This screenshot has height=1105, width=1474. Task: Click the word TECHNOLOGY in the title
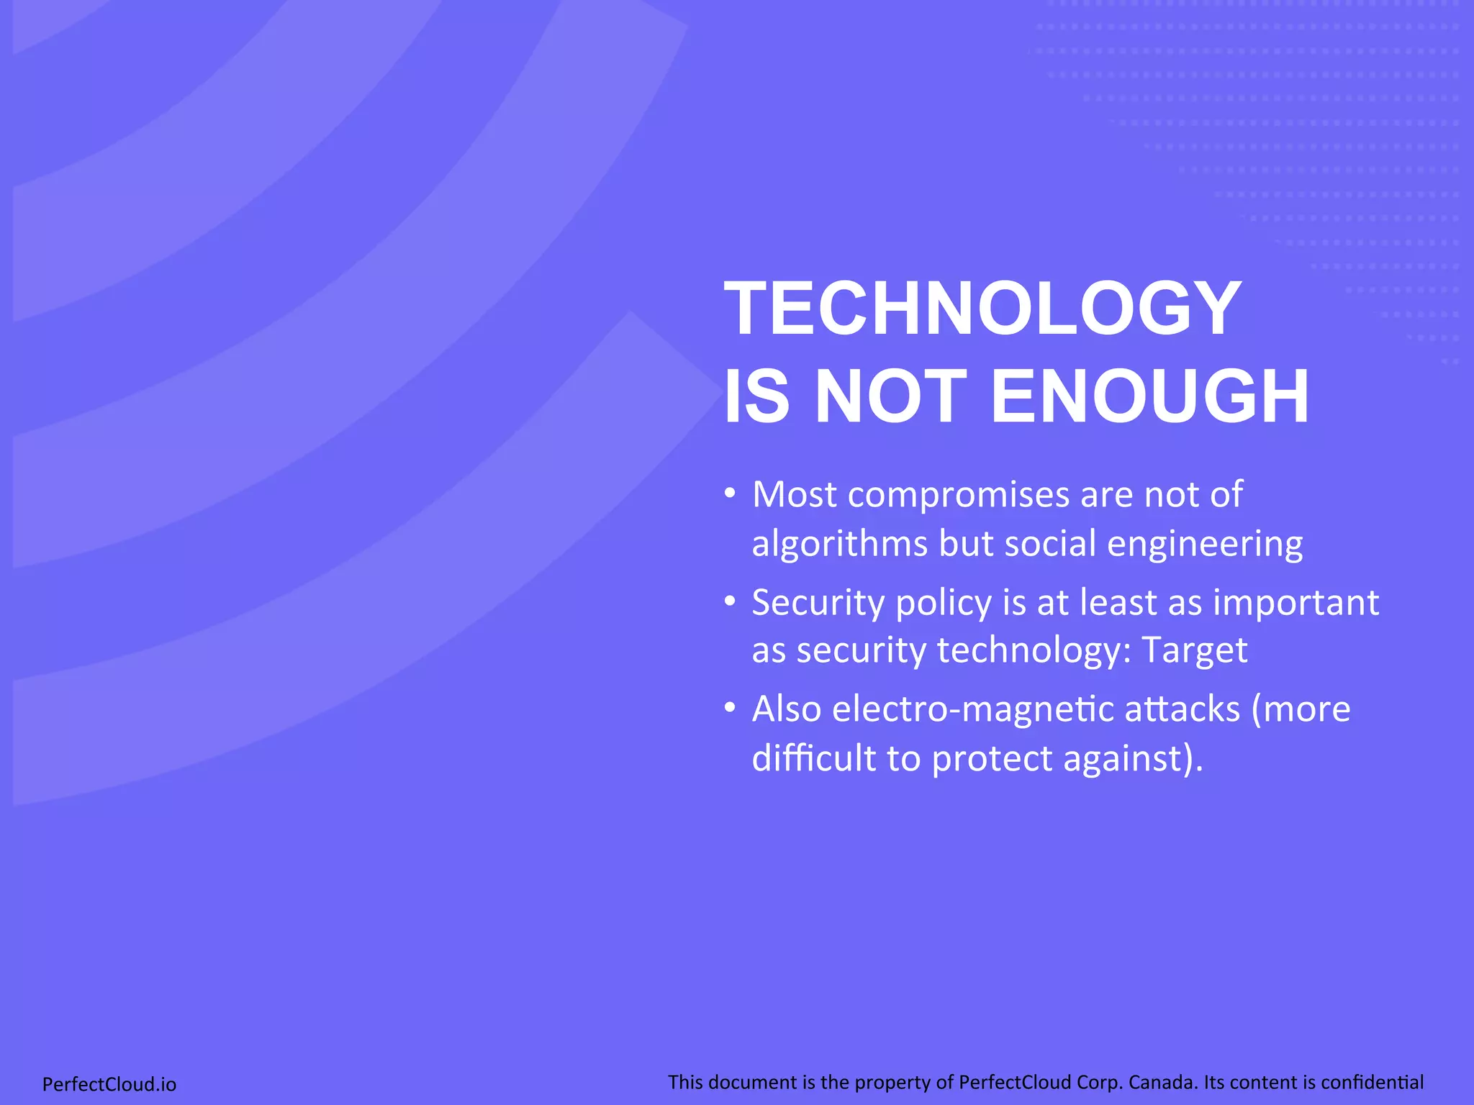tap(982, 309)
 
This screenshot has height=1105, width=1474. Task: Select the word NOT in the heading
tap(890, 396)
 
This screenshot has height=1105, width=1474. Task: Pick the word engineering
tap(1205, 544)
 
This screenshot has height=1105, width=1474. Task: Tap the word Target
tap(1194, 650)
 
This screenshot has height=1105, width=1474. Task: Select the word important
tap(1296, 602)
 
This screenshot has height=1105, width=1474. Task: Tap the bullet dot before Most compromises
tap(730, 494)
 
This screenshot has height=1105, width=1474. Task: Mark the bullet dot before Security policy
tap(730, 601)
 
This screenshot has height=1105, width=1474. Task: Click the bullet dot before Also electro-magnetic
tap(730, 709)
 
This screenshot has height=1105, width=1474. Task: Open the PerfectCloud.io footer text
tap(109, 1084)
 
